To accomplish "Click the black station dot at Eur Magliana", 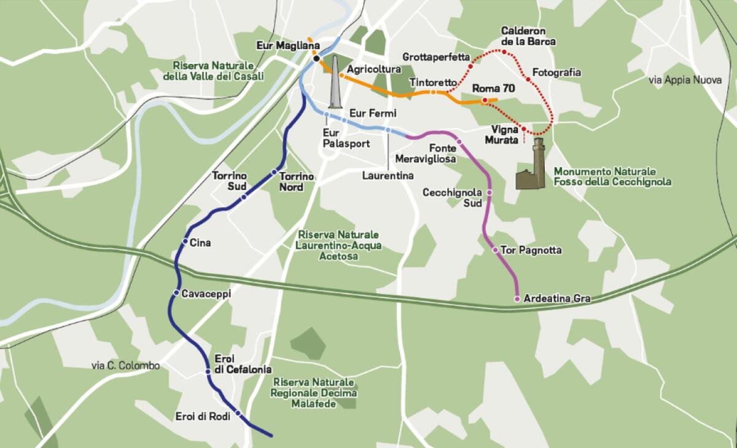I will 316,59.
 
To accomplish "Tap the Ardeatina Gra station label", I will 556,299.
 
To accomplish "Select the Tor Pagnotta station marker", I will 496,250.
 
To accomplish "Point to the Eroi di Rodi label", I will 203,416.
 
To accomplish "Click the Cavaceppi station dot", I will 177,293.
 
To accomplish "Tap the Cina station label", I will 200,243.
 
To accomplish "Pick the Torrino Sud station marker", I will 244,197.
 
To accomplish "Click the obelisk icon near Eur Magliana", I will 335,82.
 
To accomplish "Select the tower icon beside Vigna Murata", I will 531,164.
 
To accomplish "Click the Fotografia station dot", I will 528,79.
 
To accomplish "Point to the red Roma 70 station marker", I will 485,100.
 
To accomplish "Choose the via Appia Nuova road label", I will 684,80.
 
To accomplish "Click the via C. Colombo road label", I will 125,366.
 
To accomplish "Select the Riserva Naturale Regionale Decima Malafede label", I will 314,393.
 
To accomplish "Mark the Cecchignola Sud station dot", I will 489,193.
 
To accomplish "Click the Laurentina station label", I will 387,175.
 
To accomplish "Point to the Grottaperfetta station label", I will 436,57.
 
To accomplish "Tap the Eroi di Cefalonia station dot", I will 209,372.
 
